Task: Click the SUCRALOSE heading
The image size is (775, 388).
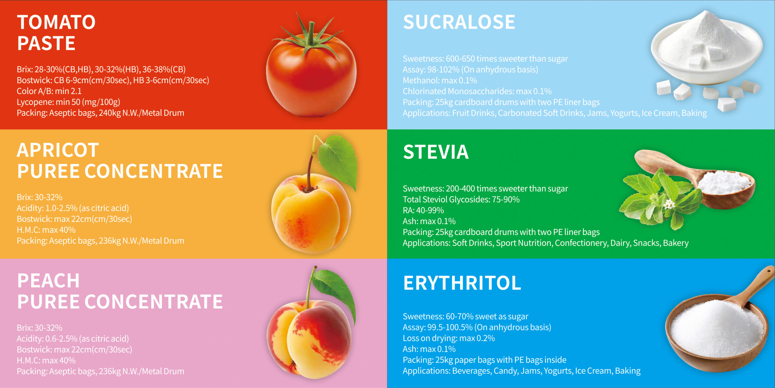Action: tap(459, 22)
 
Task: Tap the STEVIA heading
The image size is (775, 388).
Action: tap(436, 152)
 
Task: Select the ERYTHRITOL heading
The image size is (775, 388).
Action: tap(462, 283)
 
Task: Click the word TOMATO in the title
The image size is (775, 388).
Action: tap(56, 22)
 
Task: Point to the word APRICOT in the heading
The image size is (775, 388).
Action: tap(58, 150)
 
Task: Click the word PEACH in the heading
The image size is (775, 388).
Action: tap(48, 280)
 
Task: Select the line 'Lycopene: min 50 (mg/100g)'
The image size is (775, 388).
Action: tap(68, 102)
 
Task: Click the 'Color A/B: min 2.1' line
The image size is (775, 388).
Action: tap(49, 91)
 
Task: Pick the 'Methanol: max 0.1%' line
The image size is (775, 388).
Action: tap(440, 80)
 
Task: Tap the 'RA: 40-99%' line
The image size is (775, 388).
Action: tap(423, 210)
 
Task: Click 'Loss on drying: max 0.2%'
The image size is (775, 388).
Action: tap(449, 338)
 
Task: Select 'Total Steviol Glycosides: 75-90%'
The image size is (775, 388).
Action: tap(461, 199)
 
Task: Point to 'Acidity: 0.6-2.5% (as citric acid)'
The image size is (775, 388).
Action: tap(73, 339)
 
